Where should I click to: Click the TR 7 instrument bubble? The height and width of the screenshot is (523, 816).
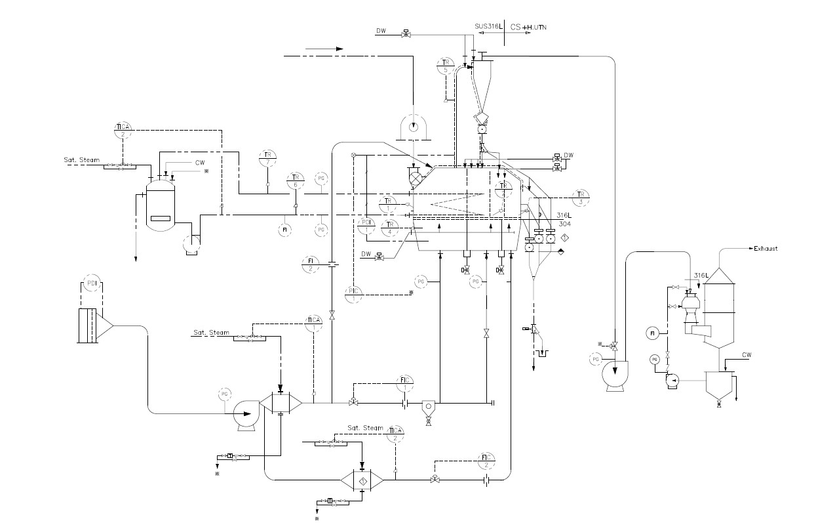click(x=267, y=157)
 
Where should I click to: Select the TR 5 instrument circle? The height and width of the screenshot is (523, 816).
click(x=446, y=66)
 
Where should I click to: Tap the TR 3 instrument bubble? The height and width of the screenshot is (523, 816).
click(x=580, y=197)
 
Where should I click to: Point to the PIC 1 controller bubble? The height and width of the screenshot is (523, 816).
click(x=353, y=294)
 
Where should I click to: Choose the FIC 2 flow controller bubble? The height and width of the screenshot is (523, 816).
click(x=486, y=460)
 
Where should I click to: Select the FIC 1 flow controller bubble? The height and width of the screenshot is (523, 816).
click(x=406, y=383)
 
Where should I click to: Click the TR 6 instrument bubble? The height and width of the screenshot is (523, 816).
click(x=295, y=181)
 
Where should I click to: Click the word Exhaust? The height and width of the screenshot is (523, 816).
click(x=766, y=249)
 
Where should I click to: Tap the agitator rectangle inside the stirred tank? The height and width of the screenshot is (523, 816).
click(x=161, y=218)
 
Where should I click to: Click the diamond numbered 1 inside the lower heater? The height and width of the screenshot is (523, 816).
click(x=362, y=481)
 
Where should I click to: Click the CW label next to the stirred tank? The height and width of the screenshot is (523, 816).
click(x=201, y=162)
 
